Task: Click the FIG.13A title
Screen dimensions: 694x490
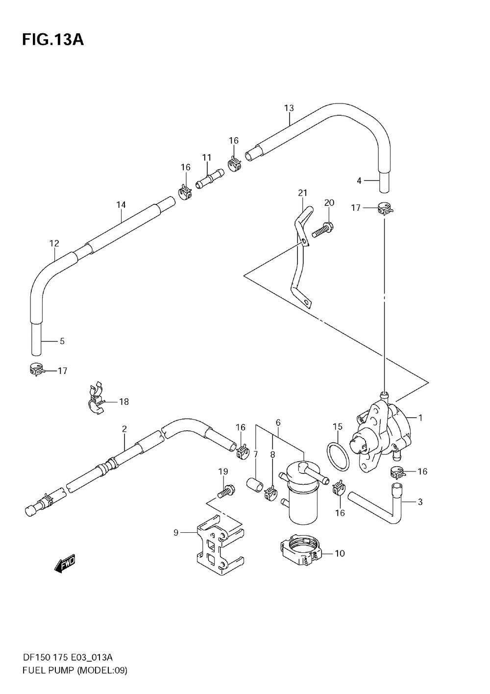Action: click(53, 40)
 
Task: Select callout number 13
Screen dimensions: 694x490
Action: click(289, 108)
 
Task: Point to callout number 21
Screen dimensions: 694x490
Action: click(302, 193)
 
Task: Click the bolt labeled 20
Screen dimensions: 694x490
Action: click(321, 229)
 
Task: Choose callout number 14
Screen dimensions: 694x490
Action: click(121, 205)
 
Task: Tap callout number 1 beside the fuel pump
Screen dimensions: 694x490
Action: click(420, 418)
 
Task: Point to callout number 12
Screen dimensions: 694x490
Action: click(54, 243)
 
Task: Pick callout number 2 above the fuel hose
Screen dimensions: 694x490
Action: click(124, 429)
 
